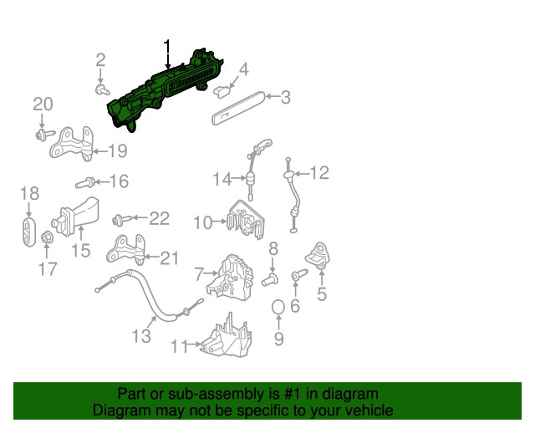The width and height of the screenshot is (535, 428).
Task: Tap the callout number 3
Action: (x=286, y=97)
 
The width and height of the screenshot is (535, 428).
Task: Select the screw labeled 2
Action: (x=102, y=89)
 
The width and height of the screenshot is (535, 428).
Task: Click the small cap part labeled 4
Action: (x=222, y=91)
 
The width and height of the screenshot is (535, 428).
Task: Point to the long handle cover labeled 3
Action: (x=238, y=108)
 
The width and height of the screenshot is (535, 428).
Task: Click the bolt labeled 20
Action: (x=44, y=134)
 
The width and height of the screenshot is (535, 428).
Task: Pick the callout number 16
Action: (x=119, y=181)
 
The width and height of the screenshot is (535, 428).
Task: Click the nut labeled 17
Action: (x=47, y=237)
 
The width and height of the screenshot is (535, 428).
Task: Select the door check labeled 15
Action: (x=75, y=217)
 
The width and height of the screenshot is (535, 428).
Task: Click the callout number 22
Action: (x=160, y=218)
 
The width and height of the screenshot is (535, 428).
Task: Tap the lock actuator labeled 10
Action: (x=246, y=220)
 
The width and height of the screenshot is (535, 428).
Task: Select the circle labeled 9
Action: (x=278, y=307)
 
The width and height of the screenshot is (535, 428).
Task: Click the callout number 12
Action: (x=319, y=173)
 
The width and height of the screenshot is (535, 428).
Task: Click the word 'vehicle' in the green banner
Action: (x=369, y=410)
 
